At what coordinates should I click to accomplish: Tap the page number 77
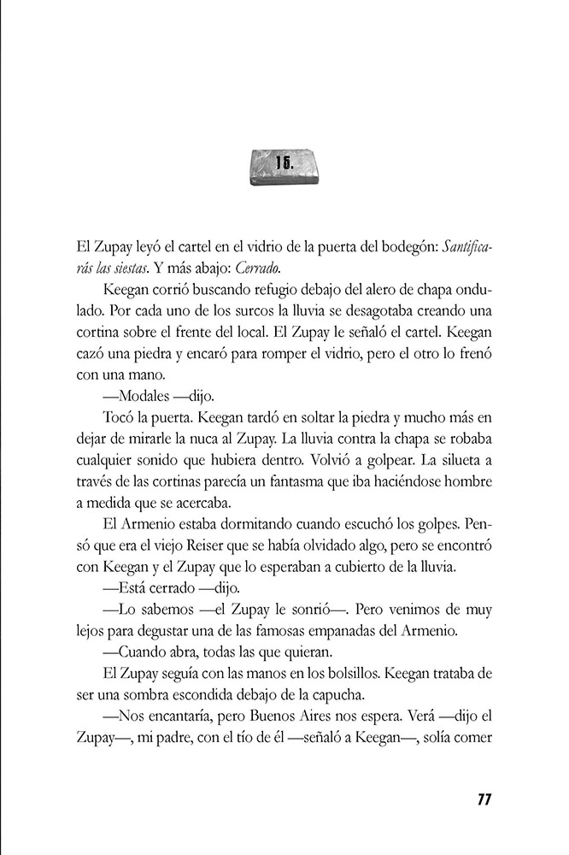click(483, 799)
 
